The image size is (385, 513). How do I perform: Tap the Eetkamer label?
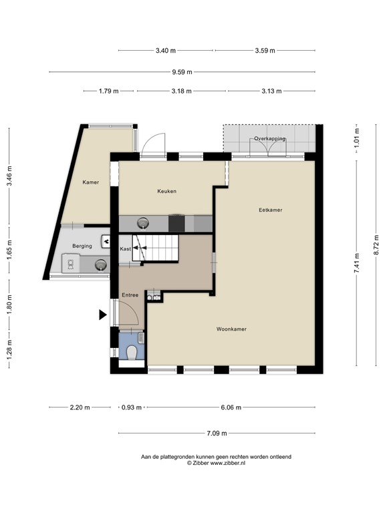(x=271, y=210)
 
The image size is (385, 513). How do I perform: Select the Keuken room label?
(x=166, y=192)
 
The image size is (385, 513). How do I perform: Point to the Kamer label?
(x=91, y=182)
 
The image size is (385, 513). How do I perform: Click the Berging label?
(x=82, y=246)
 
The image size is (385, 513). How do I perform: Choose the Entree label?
(x=130, y=295)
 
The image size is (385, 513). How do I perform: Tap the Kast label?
(x=125, y=249)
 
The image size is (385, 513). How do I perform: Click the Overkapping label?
(x=269, y=138)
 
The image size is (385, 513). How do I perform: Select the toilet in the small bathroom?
(x=132, y=351)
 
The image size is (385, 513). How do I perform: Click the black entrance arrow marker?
(x=103, y=315)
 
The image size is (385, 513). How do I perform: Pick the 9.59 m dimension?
(x=181, y=72)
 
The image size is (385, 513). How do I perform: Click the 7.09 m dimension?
(x=215, y=434)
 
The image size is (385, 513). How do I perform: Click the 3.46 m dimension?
(x=9, y=178)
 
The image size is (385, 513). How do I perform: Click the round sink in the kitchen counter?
(x=144, y=223)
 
